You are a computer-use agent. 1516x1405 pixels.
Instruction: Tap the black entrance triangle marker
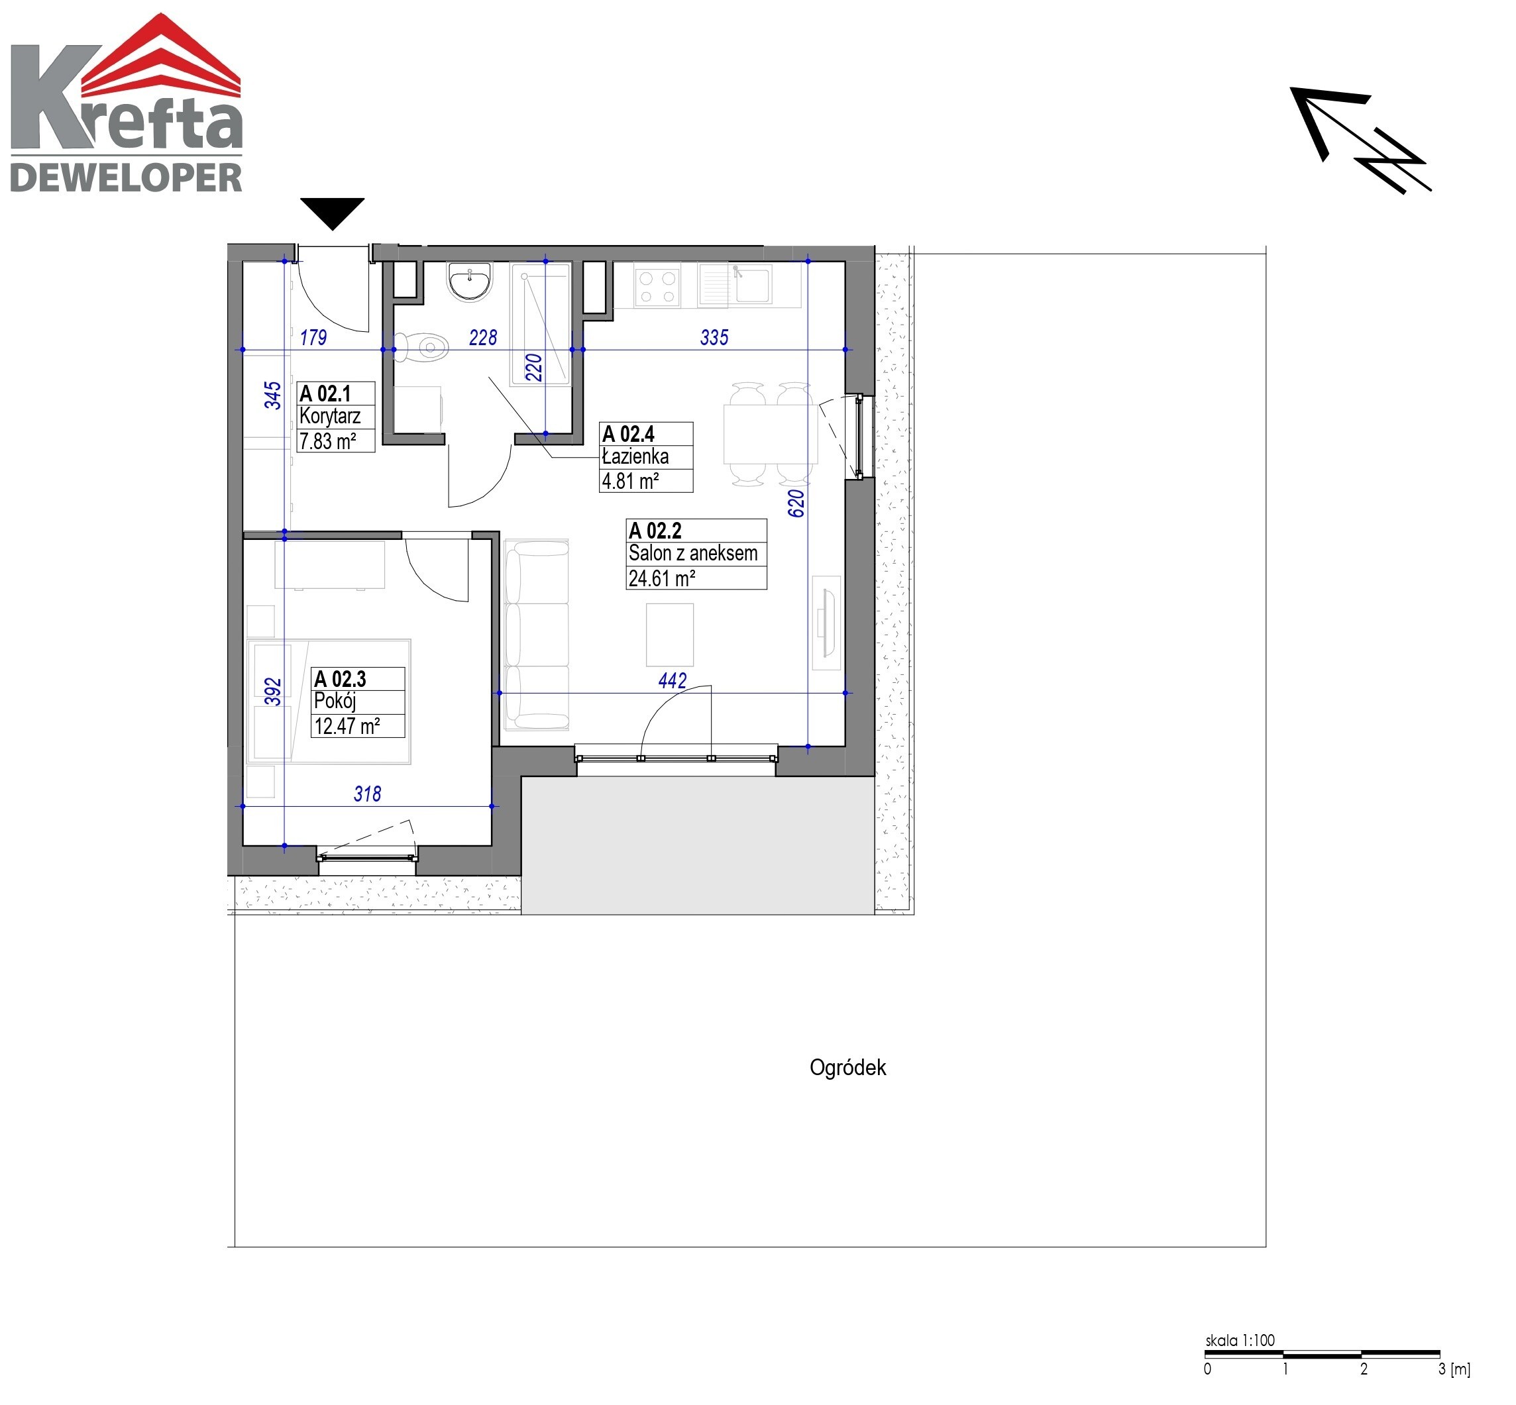332,213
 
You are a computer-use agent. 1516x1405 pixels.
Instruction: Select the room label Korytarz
330,416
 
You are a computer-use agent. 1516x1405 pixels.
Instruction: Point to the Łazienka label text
635,456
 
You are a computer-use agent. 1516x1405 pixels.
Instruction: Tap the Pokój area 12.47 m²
347,726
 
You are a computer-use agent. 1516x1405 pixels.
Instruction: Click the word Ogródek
847,1067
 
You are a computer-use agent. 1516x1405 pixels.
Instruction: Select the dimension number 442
672,680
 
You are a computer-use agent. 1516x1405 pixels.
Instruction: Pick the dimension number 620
795,503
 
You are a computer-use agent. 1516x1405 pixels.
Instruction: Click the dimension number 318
367,794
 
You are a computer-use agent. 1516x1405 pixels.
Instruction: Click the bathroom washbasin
470,282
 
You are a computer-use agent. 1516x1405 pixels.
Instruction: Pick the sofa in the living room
536,635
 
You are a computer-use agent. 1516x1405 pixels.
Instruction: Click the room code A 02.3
340,678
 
